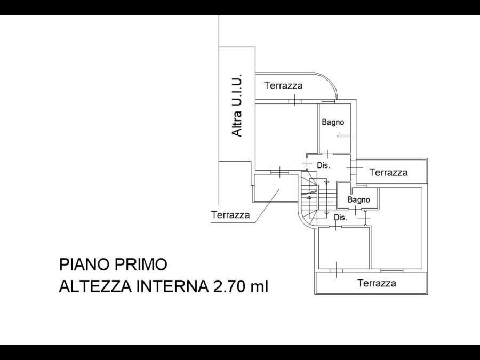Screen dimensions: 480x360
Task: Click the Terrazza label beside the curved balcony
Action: pos(284,85)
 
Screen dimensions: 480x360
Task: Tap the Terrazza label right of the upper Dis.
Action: pos(388,172)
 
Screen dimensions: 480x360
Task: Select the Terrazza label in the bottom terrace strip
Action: pos(377,283)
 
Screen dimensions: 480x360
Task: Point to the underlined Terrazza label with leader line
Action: pos(230,214)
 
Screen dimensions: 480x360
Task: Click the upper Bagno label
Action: pos(333,122)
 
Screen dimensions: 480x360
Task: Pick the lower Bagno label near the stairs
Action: pos(359,200)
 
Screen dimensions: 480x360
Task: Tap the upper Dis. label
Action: pos(324,165)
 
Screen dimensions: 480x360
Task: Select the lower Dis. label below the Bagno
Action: pos(340,218)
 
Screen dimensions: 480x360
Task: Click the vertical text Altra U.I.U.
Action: pos(237,105)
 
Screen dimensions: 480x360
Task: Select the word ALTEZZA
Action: pos(95,287)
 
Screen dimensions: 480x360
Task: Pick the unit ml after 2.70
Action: pos(260,287)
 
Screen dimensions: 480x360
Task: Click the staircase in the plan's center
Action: pos(318,198)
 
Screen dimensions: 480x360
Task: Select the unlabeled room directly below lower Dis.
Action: pos(343,248)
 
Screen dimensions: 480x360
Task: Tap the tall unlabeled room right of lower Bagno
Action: pos(397,228)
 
